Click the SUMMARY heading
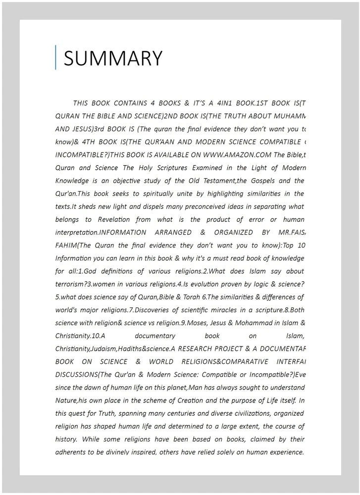113,58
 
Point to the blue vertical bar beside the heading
56,57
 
